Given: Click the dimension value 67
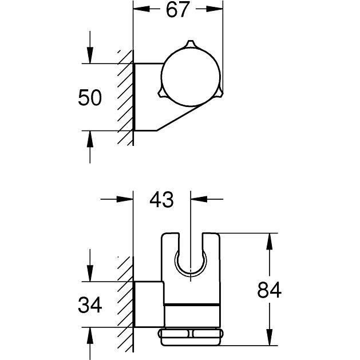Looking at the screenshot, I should pos(177,10).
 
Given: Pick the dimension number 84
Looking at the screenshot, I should pos(268,291).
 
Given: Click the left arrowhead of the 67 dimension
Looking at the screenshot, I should pos(140,10).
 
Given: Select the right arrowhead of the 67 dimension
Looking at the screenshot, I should pos(216,10).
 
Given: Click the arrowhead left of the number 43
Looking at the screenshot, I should pos(126,200).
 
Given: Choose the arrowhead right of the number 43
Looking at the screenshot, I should pos(197,200).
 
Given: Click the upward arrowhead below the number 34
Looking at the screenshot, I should pos(89,334).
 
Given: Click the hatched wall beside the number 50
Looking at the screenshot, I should pos(125,97).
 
